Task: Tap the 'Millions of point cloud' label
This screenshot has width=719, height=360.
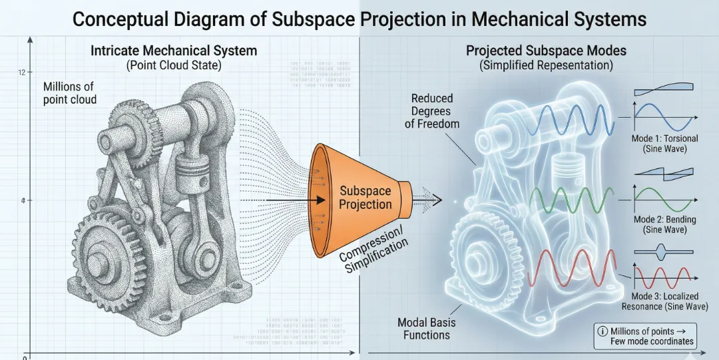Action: click(x=70, y=93)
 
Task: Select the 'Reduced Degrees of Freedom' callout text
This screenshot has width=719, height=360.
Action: click(x=432, y=111)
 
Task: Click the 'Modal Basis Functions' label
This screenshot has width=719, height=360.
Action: click(x=426, y=328)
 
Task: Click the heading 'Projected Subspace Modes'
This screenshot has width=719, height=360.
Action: click(x=546, y=51)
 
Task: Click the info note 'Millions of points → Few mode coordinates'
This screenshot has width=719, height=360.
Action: click(x=646, y=336)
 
